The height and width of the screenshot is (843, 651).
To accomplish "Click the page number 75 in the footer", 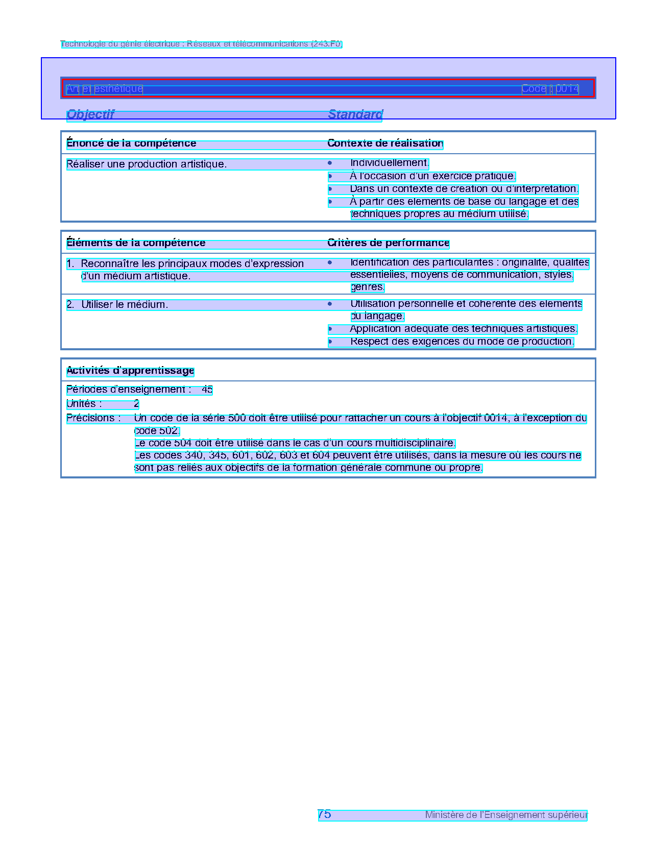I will tap(324, 814).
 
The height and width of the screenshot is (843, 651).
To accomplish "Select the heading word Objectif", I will tap(90, 114).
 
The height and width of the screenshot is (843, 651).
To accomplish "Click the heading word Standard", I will tap(355, 114).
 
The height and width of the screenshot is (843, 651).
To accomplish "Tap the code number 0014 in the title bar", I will tap(567, 89).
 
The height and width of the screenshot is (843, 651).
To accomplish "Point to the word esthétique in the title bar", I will tap(118, 89).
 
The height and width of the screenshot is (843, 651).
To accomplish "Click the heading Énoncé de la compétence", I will tap(131, 143).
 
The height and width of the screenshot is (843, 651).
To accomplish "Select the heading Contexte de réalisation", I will tap(385, 143).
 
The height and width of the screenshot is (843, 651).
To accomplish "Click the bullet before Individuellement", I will tap(330, 163).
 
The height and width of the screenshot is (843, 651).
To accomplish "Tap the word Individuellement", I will tap(389, 163).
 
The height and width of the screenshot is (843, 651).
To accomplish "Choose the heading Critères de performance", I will tap(388, 243).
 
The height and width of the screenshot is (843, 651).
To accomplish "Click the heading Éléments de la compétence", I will tap(136, 243).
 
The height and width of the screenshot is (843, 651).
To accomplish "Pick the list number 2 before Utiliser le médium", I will tap(70, 305).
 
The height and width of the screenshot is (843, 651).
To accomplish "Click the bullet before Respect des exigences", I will tap(330, 342).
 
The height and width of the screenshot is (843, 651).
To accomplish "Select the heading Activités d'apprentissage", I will tap(130, 371).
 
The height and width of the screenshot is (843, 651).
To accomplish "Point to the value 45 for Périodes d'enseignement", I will tap(207, 390).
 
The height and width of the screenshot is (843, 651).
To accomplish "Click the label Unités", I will tap(84, 404).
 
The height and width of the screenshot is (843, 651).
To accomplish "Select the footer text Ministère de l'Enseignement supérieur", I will tap(506, 815).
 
